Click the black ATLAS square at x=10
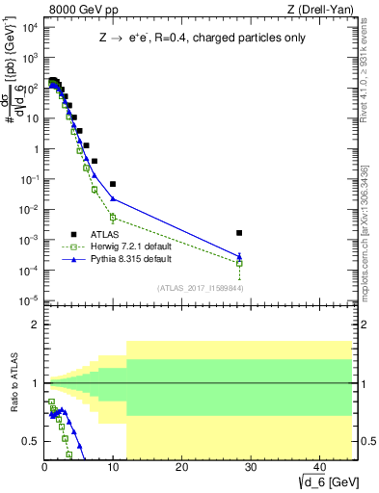[113, 184]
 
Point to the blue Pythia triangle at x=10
[113, 199]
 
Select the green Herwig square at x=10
[113, 218]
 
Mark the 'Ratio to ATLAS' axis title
[14, 383]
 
